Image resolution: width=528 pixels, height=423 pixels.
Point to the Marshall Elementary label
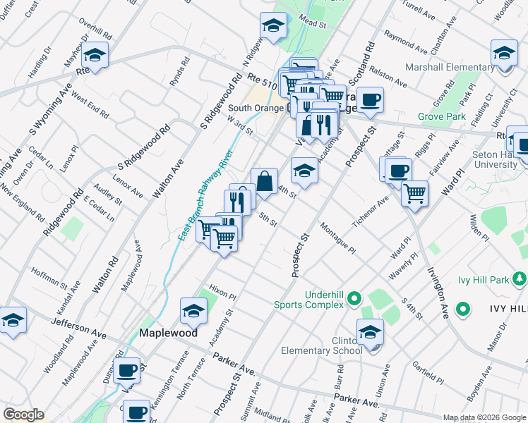pos(450,68)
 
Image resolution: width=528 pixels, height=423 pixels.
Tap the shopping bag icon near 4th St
pos(264,181)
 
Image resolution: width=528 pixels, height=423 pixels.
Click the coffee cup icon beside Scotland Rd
pos(370,99)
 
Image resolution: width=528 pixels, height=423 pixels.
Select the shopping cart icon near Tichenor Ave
pos(414,192)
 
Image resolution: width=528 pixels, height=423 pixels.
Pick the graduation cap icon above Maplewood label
pos(193,309)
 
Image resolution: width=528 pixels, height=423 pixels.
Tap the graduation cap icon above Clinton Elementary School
pos(370,331)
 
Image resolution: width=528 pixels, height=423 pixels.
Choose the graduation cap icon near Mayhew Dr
pos(94,54)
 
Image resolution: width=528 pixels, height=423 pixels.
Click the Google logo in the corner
pos(23,415)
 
